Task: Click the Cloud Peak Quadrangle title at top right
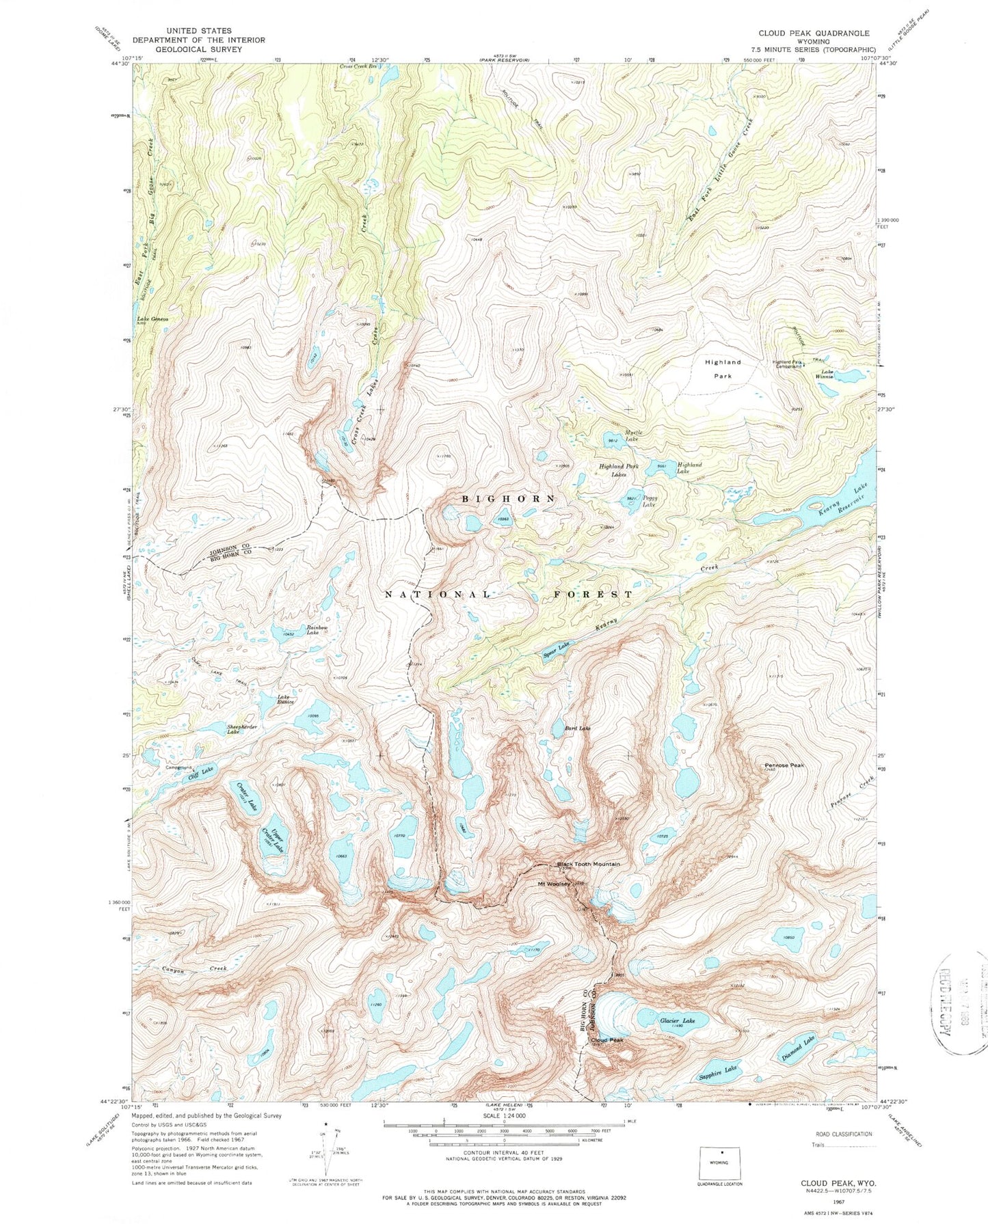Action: coord(813,33)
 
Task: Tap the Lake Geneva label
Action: coord(152,319)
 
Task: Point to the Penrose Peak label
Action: coord(784,765)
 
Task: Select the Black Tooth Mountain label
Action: coord(588,864)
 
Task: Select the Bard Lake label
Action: coord(577,729)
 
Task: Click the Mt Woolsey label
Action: coord(553,884)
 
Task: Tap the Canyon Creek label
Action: coord(185,970)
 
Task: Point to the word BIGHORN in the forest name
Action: coord(509,499)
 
